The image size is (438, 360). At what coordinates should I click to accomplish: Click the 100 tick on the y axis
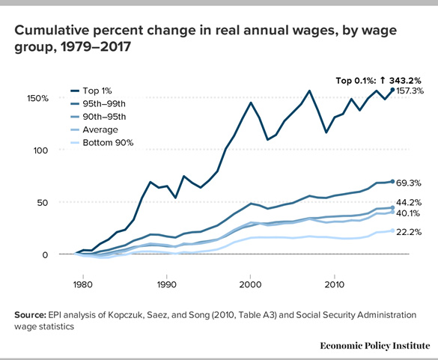(40, 150)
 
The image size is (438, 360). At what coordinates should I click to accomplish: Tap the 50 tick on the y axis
(43, 202)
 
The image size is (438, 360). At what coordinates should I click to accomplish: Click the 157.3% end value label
(410, 91)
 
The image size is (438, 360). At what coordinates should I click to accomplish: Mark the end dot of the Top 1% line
(392, 90)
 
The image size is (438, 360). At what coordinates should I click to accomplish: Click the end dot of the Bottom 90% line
(392, 231)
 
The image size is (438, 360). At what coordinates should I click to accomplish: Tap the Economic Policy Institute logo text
(374, 345)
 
